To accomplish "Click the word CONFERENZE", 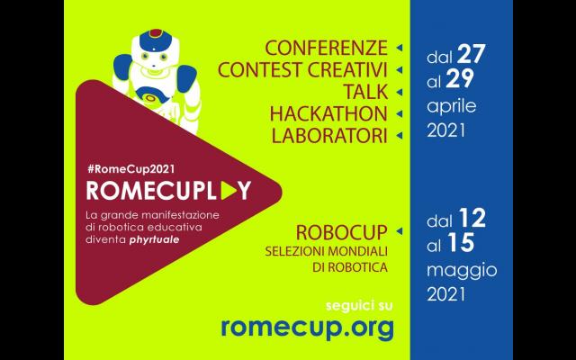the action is [x=326, y=48].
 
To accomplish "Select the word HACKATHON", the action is [x=328, y=114].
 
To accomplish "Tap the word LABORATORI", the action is [x=329, y=136].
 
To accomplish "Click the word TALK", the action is [x=365, y=92].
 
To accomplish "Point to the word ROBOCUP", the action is [x=342, y=232].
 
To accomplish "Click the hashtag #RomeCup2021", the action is [x=130, y=169].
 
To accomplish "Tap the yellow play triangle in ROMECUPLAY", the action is [x=228, y=191].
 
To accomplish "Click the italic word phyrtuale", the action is [x=154, y=240].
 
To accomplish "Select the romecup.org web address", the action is [x=307, y=328].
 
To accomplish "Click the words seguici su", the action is [x=359, y=306].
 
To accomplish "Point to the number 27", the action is [x=472, y=54].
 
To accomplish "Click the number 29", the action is [x=460, y=79].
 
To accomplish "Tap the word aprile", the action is [x=452, y=106].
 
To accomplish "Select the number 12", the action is [x=472, y=219].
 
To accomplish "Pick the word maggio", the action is [x=462, y=272].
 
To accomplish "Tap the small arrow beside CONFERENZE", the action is [x=400, y=48].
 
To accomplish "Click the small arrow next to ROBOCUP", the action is [x=400, y=231].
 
